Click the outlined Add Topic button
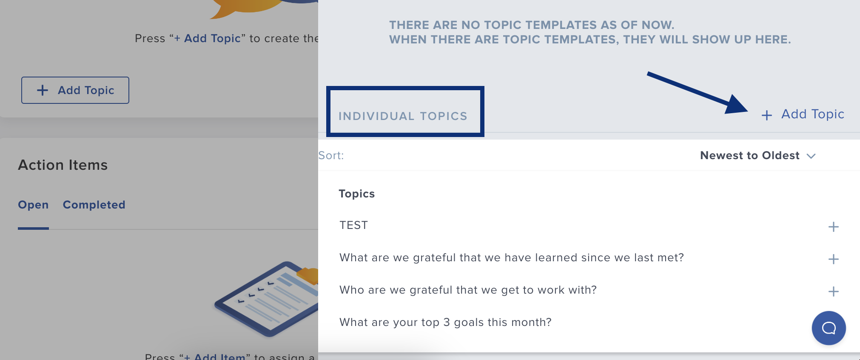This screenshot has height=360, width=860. coord(75,90)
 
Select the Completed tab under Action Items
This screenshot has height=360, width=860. coord(94,205)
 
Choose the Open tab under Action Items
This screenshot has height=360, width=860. coord(33,205)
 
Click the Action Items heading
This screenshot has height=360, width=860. coord(63,165)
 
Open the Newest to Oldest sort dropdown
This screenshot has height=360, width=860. coord(757,156)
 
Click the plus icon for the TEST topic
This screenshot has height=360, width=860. coord(833,227)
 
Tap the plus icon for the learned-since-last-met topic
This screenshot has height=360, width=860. coord(833,259)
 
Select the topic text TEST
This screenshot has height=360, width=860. coord(353,225)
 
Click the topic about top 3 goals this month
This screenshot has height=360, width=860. coord(445,322)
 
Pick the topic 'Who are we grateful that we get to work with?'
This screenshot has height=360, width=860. coord(468,290)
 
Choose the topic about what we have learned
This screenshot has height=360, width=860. coord(511,257)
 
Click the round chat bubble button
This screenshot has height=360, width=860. coord(829,328)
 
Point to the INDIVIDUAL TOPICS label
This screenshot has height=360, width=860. coord(403,116)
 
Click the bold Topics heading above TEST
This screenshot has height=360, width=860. coord(356,194)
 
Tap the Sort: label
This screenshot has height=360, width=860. coord(331,156)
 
